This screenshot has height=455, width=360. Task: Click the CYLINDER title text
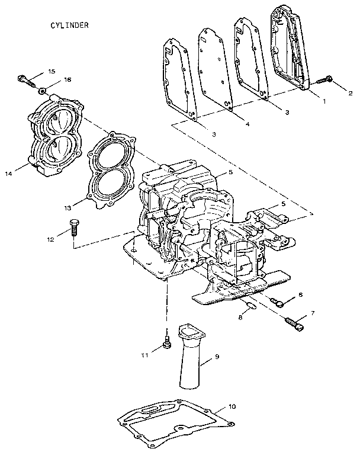click(69, 25)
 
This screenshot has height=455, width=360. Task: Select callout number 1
click(324, 101)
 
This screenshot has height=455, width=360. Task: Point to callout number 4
click(247, 124)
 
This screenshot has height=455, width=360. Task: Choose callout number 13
click(68, 207)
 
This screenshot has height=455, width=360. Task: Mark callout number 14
click(8, 174)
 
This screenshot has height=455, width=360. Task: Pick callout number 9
click(216, 357)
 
